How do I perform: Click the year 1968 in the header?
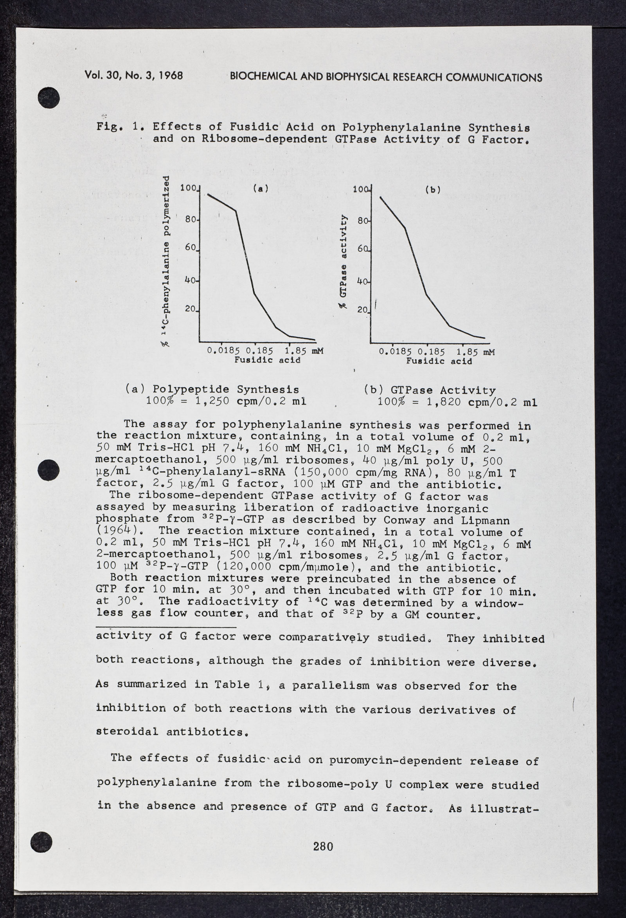coord(171,76)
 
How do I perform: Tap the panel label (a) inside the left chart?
coord(261,189)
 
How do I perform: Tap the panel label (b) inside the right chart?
coord(433,190)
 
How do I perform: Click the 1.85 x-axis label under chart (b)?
coord(468,352)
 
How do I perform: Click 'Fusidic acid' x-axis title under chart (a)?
coord(267,360)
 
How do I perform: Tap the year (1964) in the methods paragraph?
coord(115,532)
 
